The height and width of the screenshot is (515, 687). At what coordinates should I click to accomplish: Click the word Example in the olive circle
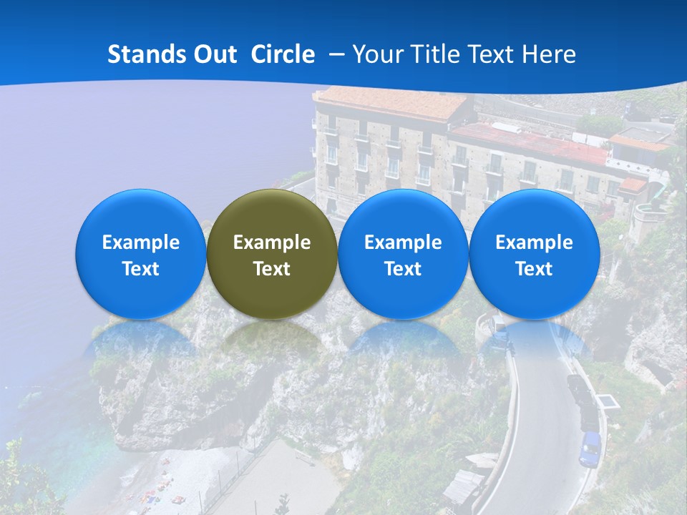(x=272, y=242)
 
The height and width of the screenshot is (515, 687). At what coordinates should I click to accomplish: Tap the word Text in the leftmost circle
(x=141, y=269)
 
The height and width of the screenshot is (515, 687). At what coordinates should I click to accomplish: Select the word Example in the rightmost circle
(x=534, y=242)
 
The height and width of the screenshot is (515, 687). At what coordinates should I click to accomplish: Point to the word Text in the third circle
(x=403, y=269)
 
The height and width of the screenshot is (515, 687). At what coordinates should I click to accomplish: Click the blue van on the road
(x=590, y=448)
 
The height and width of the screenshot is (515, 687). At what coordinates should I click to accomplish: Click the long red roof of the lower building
(x=530, y=142)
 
